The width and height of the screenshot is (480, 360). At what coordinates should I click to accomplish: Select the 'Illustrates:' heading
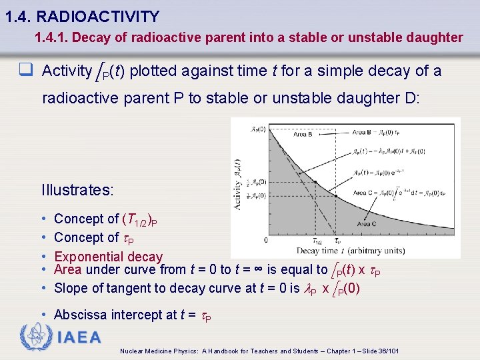point(77,190)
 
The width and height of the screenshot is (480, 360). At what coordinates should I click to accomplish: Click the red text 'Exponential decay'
point(108,257)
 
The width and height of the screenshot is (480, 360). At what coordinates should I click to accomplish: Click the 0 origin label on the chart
point(267,240)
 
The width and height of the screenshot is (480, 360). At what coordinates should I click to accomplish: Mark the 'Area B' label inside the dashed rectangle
point(303,134)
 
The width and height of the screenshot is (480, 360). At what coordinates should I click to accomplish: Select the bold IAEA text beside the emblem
point(79,337)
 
